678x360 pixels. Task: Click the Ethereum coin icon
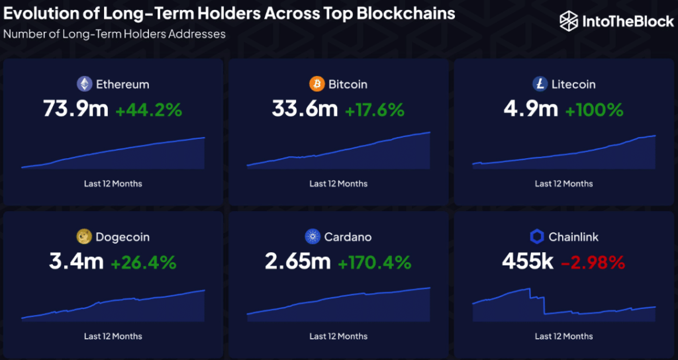coord(84,84)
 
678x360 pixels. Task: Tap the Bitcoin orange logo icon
coord(317,84)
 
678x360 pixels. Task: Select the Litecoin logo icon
coord(540,84)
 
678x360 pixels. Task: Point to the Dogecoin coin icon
coord(84,237)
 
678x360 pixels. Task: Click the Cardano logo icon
coord(313,237)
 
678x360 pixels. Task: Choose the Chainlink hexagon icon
coord(537,237)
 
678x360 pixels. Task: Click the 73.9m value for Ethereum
coord(75,109)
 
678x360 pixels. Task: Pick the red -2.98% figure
coord(593,263)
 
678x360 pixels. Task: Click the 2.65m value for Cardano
coord(298,262)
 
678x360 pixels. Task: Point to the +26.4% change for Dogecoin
coord(144,263)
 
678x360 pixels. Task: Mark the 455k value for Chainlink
coord(527,262)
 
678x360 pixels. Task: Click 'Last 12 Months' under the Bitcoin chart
coord(338,183)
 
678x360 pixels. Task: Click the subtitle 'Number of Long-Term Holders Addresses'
coord(115,33)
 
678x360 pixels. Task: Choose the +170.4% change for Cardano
coord(375,263)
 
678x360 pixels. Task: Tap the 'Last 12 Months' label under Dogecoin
coord(113,336)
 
